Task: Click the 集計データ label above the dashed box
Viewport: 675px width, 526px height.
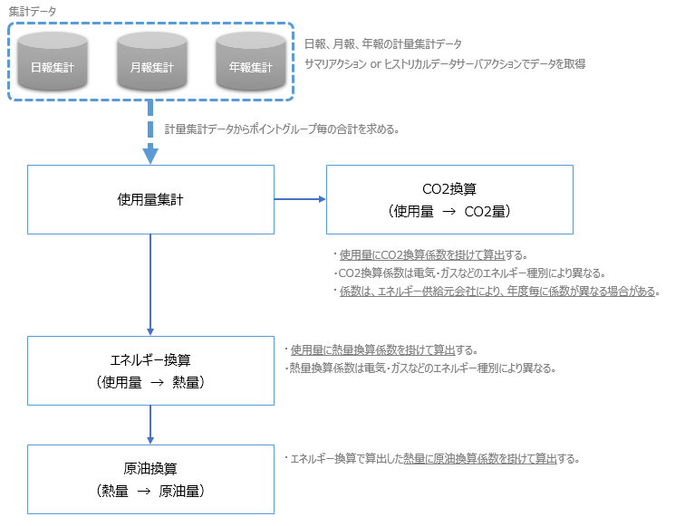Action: click(x=32, y=10)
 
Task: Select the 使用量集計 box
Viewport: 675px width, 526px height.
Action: click(x=150, y=199)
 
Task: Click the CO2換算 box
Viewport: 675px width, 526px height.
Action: click(x=449, y=199)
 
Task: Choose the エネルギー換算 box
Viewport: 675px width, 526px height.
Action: click(x=150, y=370)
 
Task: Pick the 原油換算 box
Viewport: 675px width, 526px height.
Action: click(x=150, y=479)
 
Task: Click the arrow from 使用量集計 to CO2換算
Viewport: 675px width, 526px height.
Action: click(x=299, y=199)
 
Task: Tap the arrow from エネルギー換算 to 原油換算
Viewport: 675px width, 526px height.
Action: click(x=150, y=424)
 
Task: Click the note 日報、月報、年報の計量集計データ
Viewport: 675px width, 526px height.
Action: click(x=382, y=43)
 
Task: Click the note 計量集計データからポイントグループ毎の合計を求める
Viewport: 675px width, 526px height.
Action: click(x=283, y=129)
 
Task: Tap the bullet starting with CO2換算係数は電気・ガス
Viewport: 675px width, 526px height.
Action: click(x=469, y=273)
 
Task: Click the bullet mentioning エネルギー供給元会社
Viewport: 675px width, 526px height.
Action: click(x=497, y=292)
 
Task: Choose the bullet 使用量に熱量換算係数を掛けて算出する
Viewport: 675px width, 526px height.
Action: click(x=381, y=349)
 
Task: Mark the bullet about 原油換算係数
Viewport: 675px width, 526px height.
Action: click(x=431, y=458)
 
